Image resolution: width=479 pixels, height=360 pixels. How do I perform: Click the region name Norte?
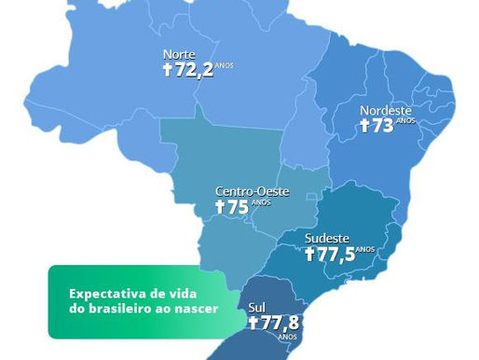pos(179,54)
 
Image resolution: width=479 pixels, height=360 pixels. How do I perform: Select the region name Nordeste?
pos(385,110)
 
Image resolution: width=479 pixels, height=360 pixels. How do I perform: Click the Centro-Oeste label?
pos(252,191)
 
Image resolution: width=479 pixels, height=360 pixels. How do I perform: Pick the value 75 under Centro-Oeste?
pos(238,208)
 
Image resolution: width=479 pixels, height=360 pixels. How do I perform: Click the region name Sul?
pos(256,306)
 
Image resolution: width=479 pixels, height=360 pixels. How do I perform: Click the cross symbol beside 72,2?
pos(168,71)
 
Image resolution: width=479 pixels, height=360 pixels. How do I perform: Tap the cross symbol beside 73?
pos(365,127)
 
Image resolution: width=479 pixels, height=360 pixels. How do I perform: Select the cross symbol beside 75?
pos(220,208)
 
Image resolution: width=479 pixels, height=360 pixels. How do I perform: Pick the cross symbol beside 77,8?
pos(253,323)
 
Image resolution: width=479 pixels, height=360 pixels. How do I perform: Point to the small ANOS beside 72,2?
pos(226,65)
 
